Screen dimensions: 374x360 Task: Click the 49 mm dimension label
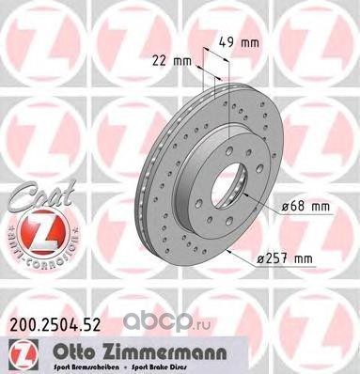[249, 43]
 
